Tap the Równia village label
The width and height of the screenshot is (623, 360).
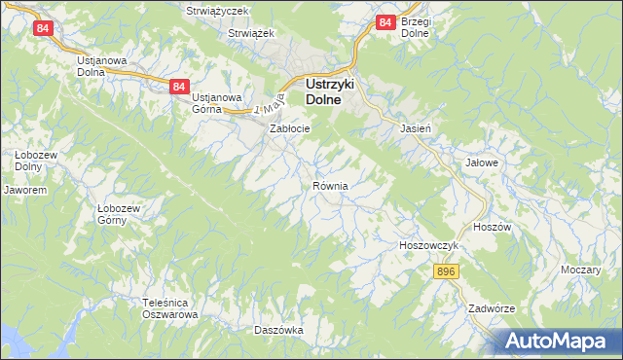(331, 186)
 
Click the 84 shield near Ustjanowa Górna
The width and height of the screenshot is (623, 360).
(177, 87)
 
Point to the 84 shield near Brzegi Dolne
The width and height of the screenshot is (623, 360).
(385, 21)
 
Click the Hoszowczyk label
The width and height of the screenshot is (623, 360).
(428, 246)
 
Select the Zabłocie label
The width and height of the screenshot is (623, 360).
(289, 128)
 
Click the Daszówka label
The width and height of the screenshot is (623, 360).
(278, 331)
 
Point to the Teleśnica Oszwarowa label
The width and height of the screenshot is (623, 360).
(170, 308)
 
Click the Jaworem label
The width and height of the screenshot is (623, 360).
(25, 191)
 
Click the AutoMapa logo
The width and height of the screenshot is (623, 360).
(560, 341)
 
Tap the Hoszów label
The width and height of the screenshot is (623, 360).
(491, 226)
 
